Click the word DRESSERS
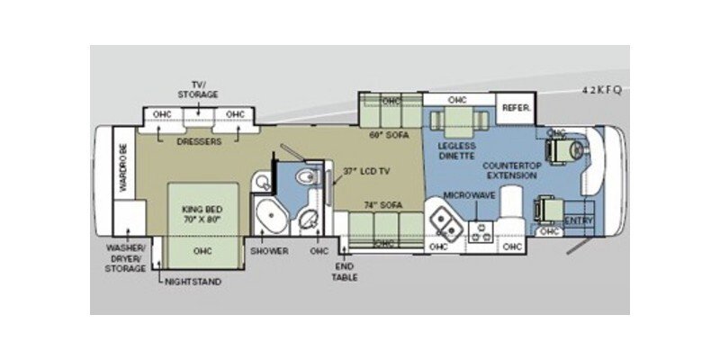(198, 141)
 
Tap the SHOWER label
(270, 251)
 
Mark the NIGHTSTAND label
(193, 281)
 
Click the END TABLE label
(346, 271)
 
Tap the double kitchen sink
(442, 217)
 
